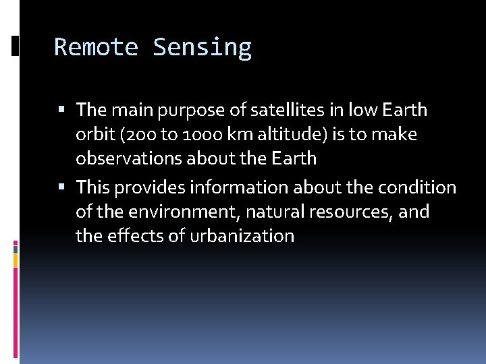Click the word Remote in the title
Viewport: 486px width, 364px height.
(x=95, y=47)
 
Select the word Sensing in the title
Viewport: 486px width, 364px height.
(x=202, y=47)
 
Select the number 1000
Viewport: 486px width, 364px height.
(x=196, y=135)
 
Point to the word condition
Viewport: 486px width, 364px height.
(x=417, y=187)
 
